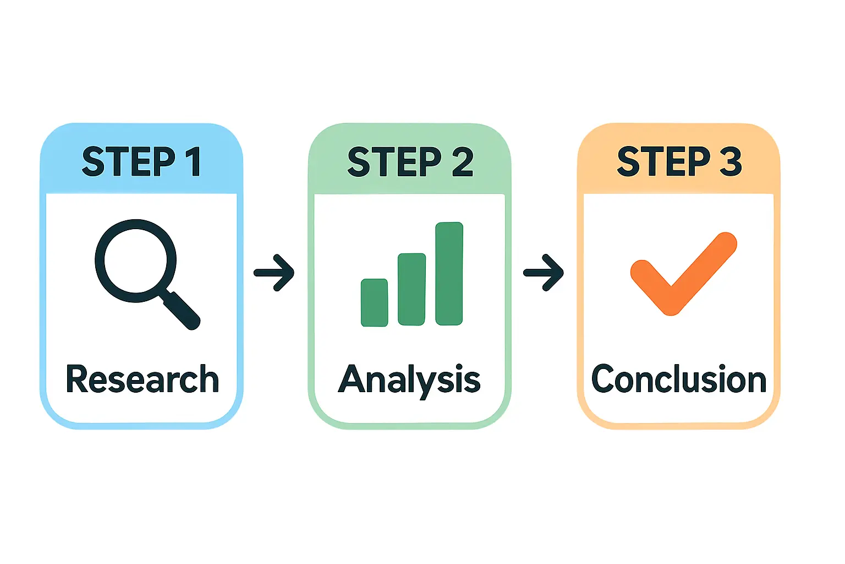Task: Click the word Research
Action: tap(142, 379)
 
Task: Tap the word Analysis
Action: tap(409, 381)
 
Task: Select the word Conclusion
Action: tap(679, 379)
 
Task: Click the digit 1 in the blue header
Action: tap(195, 162)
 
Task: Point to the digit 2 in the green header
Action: tap(463, 162)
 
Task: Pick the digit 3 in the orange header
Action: tap(731, 162)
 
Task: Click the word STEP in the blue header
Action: tap(129, 162)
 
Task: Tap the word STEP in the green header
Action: tap(394, 162)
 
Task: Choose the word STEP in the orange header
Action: tap(663, 162)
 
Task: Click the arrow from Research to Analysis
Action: tap(274, 273)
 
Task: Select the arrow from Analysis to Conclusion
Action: tap(544, 273)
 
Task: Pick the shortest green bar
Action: tap(374, 302)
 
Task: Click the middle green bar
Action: tap(411, 289)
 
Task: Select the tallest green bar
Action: tap(449, 274)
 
